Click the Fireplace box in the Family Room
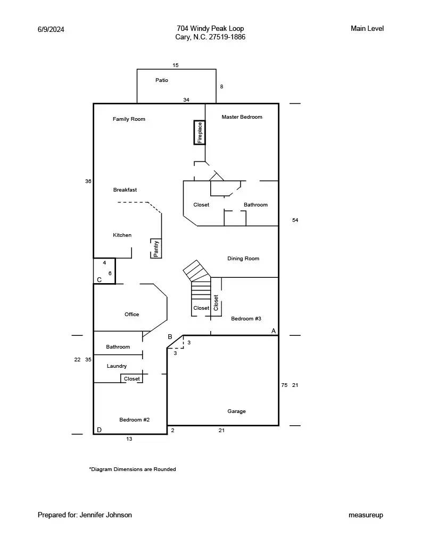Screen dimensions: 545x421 click(x=200, y=133)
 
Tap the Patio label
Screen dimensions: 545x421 click(x=162, y=80)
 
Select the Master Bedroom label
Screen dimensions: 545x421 click(x=242, y=117)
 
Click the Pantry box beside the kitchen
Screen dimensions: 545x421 click(x=156, y=249)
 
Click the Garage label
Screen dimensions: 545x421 click(x=236, y=411)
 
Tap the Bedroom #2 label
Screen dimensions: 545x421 click(x=134, y=420)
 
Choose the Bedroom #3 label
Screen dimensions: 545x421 click(x=246, y=319)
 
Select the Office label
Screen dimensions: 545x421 click(x=131, y=315)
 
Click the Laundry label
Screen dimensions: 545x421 click(x=117, y=366)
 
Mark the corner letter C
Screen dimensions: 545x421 click(x=99, y=280)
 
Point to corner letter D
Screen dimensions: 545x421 click(x=99, y=430)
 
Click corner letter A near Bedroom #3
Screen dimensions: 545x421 click(x=274, y=331)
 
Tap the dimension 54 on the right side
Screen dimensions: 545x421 click(x=295, y=220)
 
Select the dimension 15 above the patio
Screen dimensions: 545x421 click(x=176, y=65)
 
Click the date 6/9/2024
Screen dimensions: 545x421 click(x=51, y=29)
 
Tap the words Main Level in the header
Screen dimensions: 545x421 click(x=367, y=29)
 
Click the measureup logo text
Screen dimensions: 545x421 click(x=366, y=515)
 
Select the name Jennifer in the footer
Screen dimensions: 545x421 click(x=93, y=515)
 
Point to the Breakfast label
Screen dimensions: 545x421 click(x=125, y=190)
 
